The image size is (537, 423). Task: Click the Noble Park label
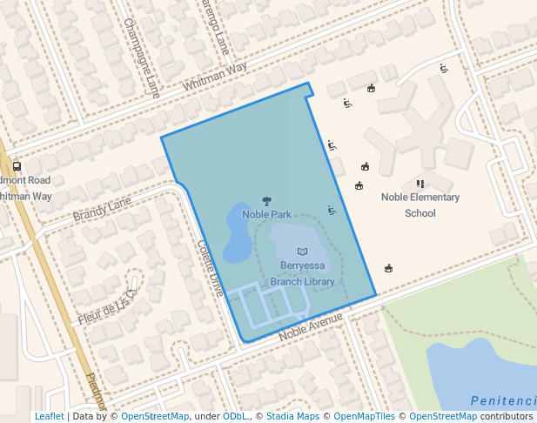(266, 214)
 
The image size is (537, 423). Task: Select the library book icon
(302, 252)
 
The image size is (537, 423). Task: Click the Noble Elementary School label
(420, 205)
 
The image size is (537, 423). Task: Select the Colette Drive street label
(211, 267)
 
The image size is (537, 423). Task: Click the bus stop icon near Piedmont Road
(17, 166)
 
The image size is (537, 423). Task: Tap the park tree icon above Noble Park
(266, 201)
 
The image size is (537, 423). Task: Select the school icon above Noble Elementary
(420, 184)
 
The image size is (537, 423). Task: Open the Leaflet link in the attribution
(49, 416)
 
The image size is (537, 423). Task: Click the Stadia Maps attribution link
(293, 416)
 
